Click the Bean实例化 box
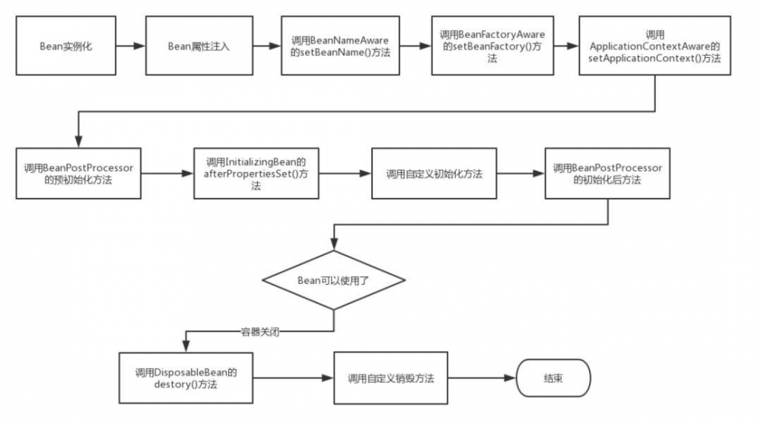pyautogui.click(x=65, y=46)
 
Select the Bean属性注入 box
pyautogui.click(x=198, y=46)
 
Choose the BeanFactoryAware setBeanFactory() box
pyautogui.click(x=492, y=46)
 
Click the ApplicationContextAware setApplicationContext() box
pyautogui.click(x=654, y=46)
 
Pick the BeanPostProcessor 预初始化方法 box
pyautogui.click(x=78, y=174)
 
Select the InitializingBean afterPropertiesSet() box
pyautogui.click(x=256, y=174)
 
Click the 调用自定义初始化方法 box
pyautogui.click(x=434, y=174)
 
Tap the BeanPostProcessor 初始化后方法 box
pyautogui.click(x=607, y=174)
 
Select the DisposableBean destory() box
pyautogui.click(x=186, y=378)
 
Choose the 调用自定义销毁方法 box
pyautogui.click(x=391, y=378)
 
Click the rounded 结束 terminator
pyautogui.click(x=553, y=378)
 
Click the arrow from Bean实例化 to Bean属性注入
pyautogui.click(x=130, y=46)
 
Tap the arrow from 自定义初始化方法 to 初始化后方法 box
pyautogui.click(x=521, y=174)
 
